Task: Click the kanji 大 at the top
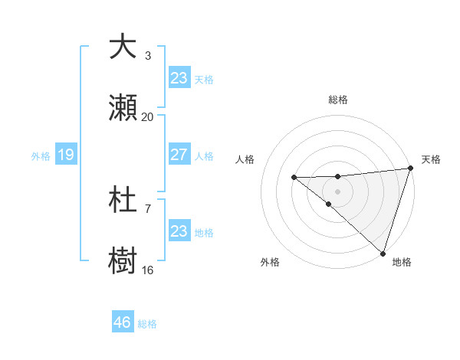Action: coord(123,47)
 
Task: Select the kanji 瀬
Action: coord(123,108)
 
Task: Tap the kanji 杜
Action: coord(123,200)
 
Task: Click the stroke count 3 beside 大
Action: coord(148,56)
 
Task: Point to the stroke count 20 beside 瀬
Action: coord(148,117)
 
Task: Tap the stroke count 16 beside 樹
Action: coord(148,270)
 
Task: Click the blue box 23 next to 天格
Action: coord(179,78)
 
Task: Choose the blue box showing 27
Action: coord(179,155)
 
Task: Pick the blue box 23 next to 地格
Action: coord(179,231)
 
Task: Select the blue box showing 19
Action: coord(65,155)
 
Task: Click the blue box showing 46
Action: coord(122,322)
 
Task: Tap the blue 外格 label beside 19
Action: coord(41,155)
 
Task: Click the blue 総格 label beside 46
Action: coord(147,324)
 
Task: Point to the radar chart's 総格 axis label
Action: coord(338,100)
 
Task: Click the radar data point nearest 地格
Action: coord(382,253)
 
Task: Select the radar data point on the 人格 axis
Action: coord(294,178)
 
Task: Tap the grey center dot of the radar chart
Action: coord(338,191)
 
